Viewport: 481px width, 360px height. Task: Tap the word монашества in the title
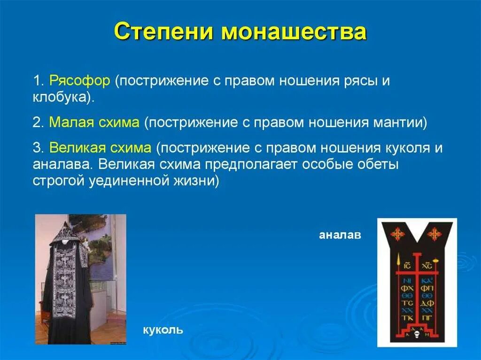coord(294,32)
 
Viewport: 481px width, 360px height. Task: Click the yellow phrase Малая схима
coord(94,123)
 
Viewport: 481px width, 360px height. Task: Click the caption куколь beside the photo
coord(163,330)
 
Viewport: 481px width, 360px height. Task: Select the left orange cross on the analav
coord(398,234)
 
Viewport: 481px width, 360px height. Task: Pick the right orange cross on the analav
coord(435,234)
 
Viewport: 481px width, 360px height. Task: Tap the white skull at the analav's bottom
coord(416,335)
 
